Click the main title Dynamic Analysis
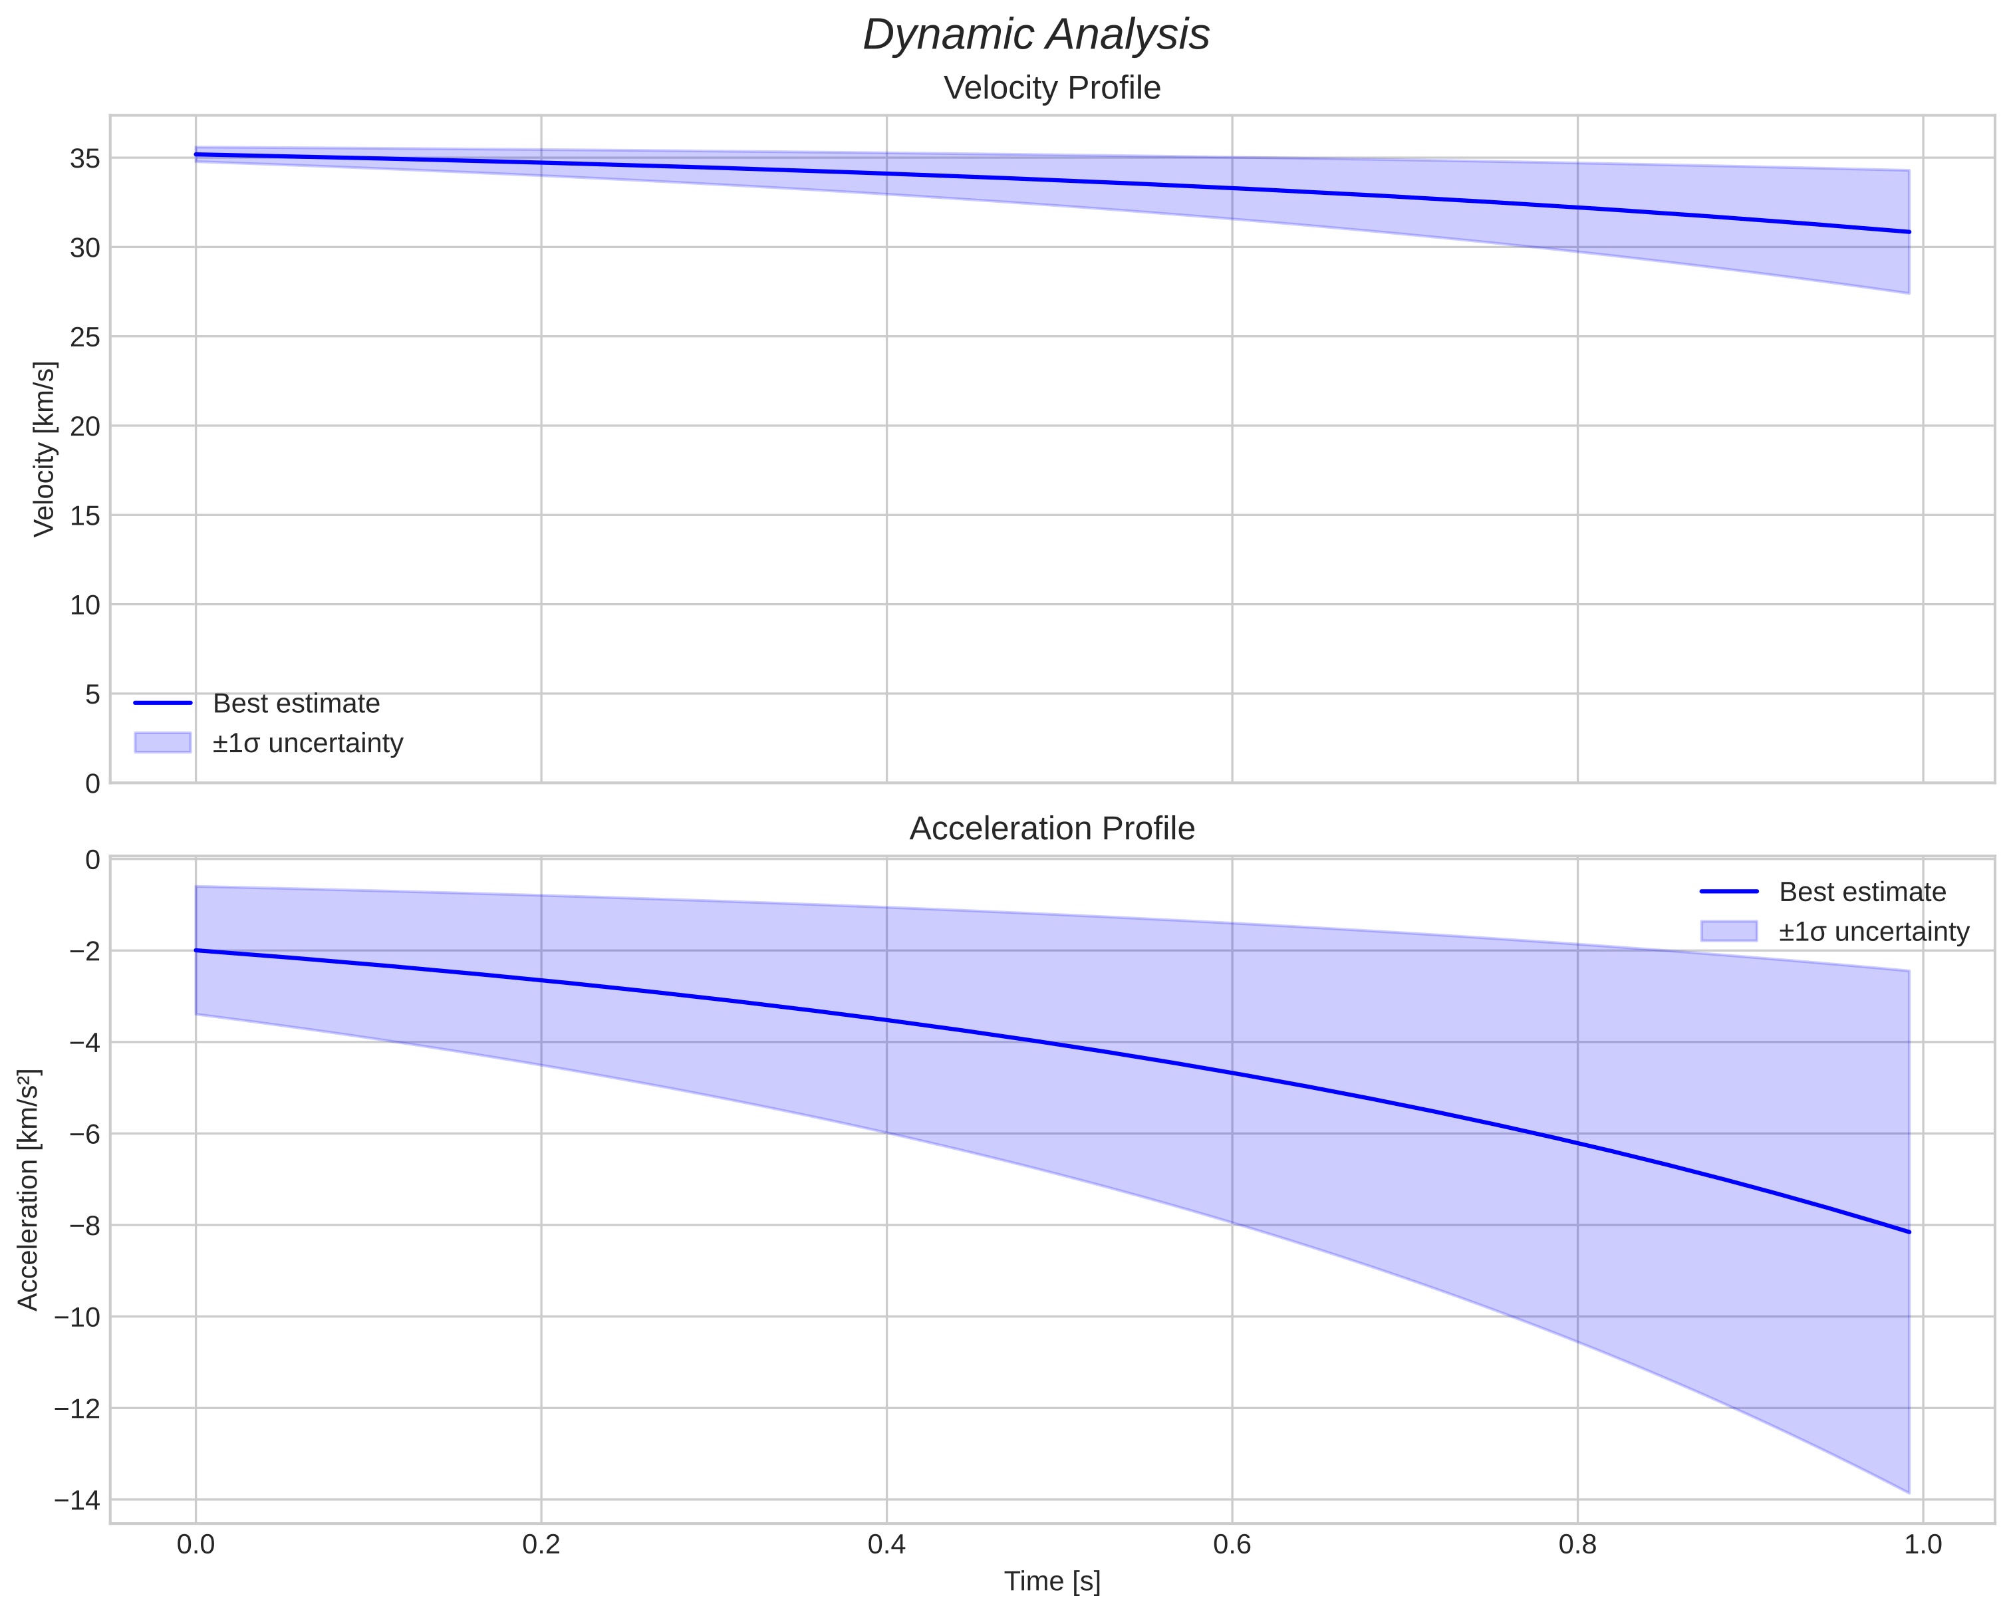[x=1036, y=35]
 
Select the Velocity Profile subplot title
[x=1052, y=88]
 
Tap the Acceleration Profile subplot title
[x=1052, y=829]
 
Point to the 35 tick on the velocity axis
[x=85, y=158]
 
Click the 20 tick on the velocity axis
[x=85, y=426]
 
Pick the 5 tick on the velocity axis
[x=90, y=694]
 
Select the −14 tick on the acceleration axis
[x=76, y=1500]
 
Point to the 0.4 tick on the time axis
[x=886, y=1545]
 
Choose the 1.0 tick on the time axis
[x=1923, y=1545]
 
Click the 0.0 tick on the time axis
[x=196, y=1545]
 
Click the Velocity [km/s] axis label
[x=44, y=449]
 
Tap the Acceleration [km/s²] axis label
[x=28, y=1190]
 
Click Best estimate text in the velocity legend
[x=296, y=704]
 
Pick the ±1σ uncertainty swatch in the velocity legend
[x=162, y=743]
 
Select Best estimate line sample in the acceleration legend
[x=1728, y=892]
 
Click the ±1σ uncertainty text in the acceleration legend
[x=1874, y=932]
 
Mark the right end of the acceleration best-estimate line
[x=1909, y=1232]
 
